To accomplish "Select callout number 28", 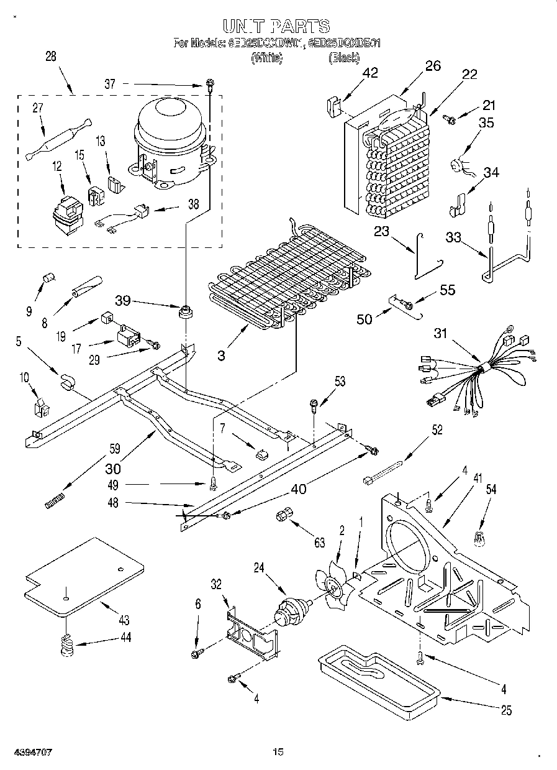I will click(x=50, y=56).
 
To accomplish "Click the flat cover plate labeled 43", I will click(x=83, y=575).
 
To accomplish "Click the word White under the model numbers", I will click(x=266, y=58).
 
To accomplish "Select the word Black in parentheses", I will click(x=343, y=58).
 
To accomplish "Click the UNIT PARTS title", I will click(x=276, y=26).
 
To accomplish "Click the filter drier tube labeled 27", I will click(x=58, y=140).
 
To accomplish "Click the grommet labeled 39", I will click(x=184, y=312).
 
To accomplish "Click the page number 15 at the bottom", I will click(x=278, y=752).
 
